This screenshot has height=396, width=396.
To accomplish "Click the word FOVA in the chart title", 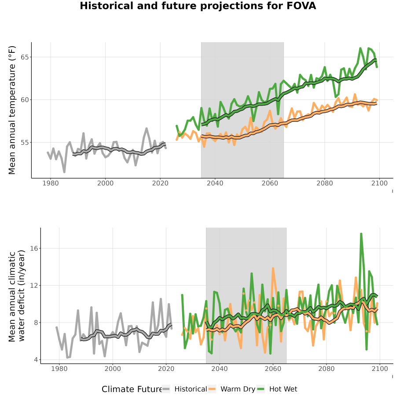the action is [301, 6].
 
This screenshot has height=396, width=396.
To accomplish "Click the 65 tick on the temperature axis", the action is [25, 57].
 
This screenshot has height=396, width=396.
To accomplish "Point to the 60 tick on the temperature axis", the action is [25, 100].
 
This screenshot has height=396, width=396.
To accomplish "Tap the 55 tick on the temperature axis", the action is [25, 143].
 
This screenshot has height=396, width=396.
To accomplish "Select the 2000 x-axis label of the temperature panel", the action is [105, 183].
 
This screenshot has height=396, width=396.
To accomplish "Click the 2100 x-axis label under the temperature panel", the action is [379, 183].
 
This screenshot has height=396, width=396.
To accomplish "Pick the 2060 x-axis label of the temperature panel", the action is [270, 183].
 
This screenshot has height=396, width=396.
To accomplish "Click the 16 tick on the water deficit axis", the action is [34, 249].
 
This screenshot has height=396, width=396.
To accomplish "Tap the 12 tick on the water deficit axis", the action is [34, 286].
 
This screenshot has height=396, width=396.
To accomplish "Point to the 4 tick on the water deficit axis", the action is [36, 359].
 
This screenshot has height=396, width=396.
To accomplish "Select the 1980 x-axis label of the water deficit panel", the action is [59, 369].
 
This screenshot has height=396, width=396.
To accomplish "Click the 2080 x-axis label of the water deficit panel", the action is [326, 369].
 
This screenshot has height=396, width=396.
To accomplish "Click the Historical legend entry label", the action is [191, 389].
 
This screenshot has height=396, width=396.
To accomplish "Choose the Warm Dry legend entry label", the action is [238, 389].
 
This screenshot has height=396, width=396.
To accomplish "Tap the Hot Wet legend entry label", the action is [283, 389].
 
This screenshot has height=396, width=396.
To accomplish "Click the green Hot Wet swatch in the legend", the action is [260, 389].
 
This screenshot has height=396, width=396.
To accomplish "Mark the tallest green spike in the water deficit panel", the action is [361, 234].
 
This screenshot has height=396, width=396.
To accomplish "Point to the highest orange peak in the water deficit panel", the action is [273, 268].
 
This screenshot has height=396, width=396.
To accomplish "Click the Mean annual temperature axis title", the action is [12, 110].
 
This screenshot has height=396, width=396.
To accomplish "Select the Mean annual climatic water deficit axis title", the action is [17, 296].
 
